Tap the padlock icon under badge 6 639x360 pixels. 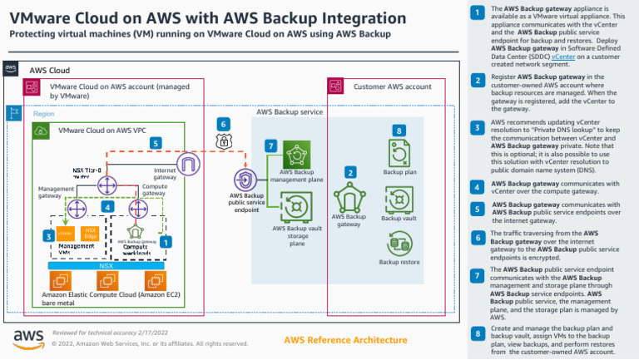coord(222,142)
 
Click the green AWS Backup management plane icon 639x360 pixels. coord(296,155)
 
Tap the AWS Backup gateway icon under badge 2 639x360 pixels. coord(349,198)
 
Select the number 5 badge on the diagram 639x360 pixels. coord(156,143)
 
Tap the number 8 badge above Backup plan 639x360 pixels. coord(399,131)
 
